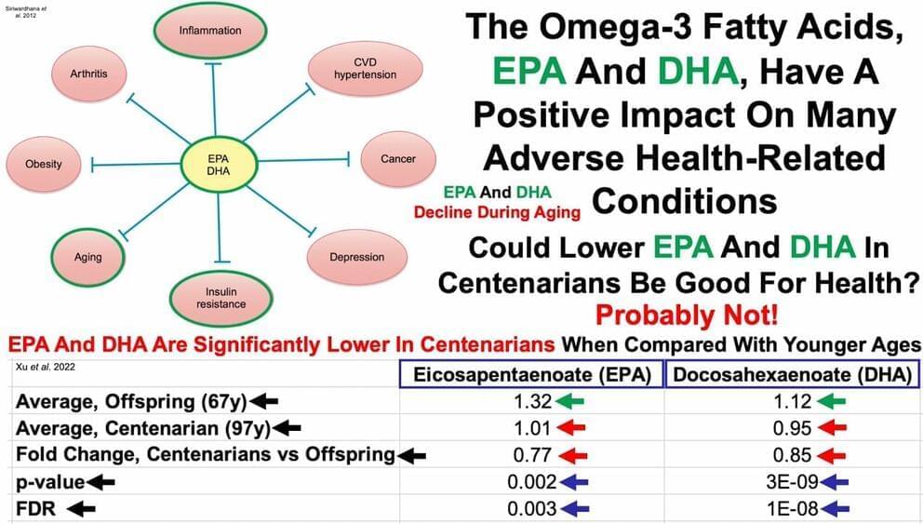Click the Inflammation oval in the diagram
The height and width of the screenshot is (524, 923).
pyautogui.click(x=209, y=31)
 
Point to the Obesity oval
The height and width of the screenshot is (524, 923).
pyautogui.click(x=44, y=164)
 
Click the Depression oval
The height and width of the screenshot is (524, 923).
pyautogui.click(x=356, y=257)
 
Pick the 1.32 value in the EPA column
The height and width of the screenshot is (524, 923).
pyautogui.click(x=528, y=402)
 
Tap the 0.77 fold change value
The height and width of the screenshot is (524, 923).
pyautogui.click(x=528, y=456)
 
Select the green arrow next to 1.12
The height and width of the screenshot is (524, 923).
pyautogui.click(x=831, y=402)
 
